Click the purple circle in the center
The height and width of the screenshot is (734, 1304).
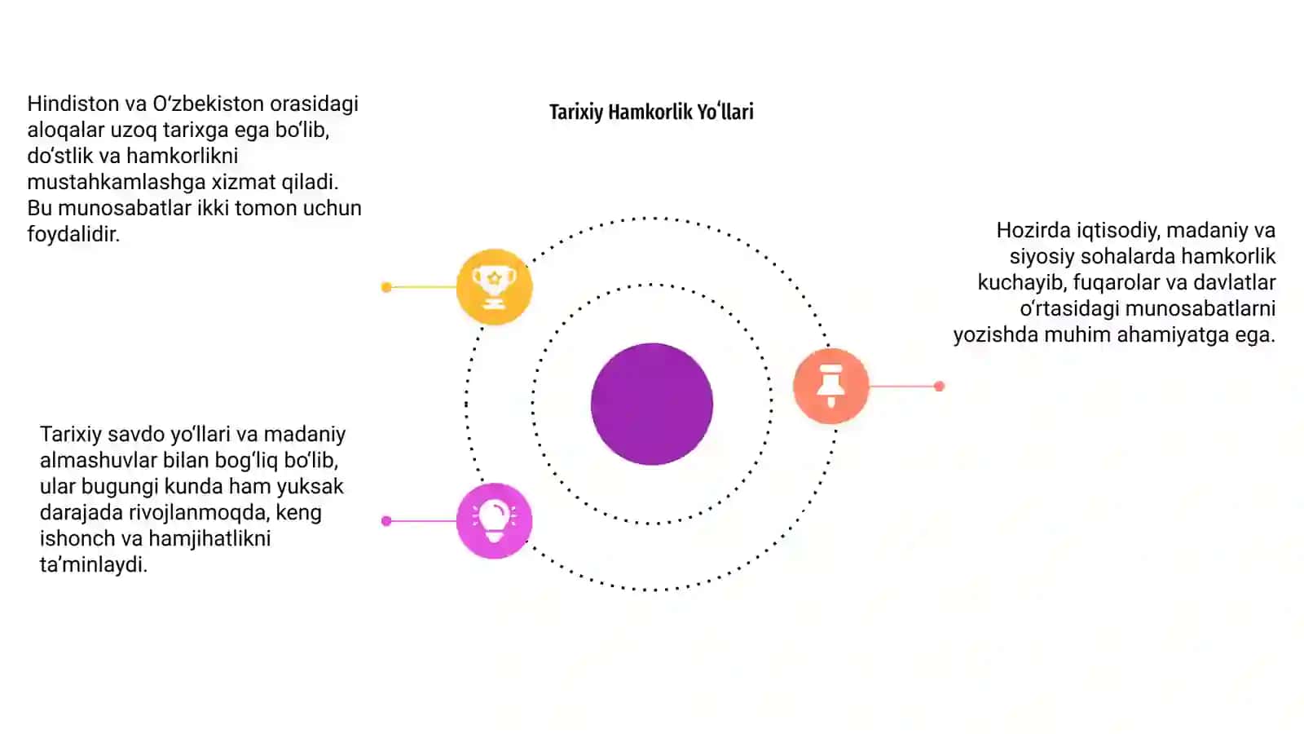tap(652, 405)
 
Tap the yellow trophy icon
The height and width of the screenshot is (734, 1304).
tap(494, 286)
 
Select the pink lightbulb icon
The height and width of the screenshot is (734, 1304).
tap(494, 521)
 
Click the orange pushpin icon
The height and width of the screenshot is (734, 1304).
tap(831, 386)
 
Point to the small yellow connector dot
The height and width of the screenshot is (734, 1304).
tap(386, 287)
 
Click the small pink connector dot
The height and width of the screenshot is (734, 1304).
tap(386, 521)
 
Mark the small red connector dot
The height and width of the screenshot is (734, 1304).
tap(939, 386)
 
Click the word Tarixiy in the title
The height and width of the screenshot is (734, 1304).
tap(575, 112)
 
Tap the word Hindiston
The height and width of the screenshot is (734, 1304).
tap(73, 104)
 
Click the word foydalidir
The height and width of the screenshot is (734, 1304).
tap(73, 234)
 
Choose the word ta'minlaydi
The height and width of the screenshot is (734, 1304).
tap(93, 564)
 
